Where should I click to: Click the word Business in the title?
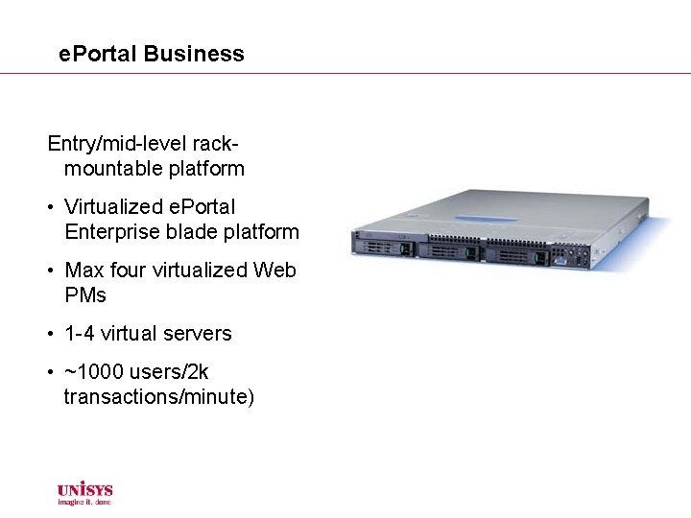pyautogui.click(x=194, y=54)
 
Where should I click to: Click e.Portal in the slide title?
pyautogui.click(x=98, y=54)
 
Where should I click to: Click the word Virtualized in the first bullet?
pyautogui.click(x=112, y=206)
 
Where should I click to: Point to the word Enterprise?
pyautogui.click(x=113, y=231)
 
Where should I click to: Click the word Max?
pyautogui.click(x=83, y=271)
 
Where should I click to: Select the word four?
pyautogui.click(x=126, y=271)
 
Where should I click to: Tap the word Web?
pyautogui.click(x=275, y=271)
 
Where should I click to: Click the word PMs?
pyautogui.click(x=85, y=295)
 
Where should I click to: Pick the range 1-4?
pyautogui.click(x=79, y=334)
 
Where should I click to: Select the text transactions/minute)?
pyautogui.click(x=159, y=397)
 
